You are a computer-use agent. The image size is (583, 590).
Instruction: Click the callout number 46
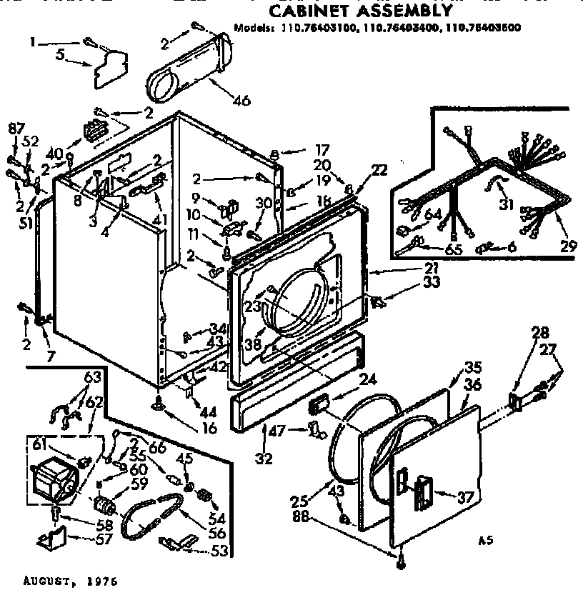tap(241, 100)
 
